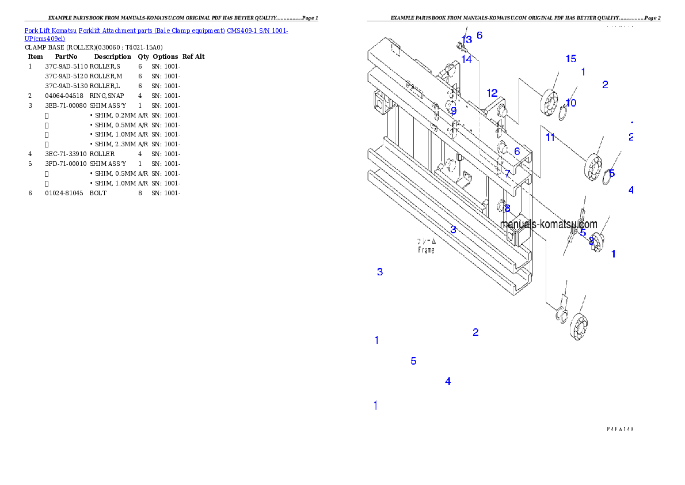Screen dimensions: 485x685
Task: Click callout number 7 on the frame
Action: (507, 173)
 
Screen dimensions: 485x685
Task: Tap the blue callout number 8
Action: (507, 209)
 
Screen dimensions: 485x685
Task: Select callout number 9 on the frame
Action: (454, 111)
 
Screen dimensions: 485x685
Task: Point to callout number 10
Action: (570, 103)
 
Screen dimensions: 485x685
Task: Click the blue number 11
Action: (550, 137)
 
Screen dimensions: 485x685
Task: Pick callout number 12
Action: (492, 93)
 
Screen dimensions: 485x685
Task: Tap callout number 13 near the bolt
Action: (466, 40)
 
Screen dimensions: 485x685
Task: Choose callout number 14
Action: (466, 59)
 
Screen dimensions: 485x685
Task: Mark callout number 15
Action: (570, 59)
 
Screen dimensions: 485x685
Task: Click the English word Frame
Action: (426, 251)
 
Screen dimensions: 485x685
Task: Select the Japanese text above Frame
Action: (426, 242)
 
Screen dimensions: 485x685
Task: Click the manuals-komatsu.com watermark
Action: (549, 224)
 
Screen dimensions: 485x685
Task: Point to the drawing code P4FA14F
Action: (619, 429)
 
